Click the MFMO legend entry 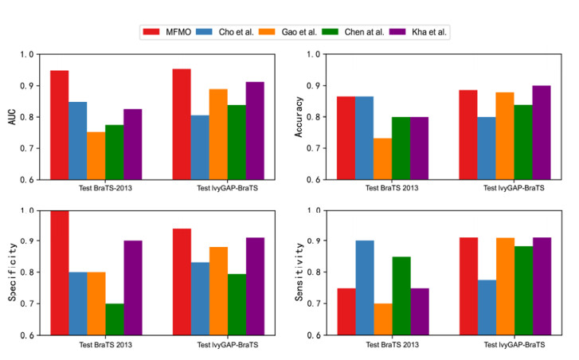(x=171, y=32)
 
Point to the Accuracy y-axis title (x=297, y=117)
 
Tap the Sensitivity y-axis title (x=297, y=272)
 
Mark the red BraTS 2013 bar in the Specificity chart (x=60, y=272)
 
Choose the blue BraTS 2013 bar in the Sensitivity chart (x=364, y=288)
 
